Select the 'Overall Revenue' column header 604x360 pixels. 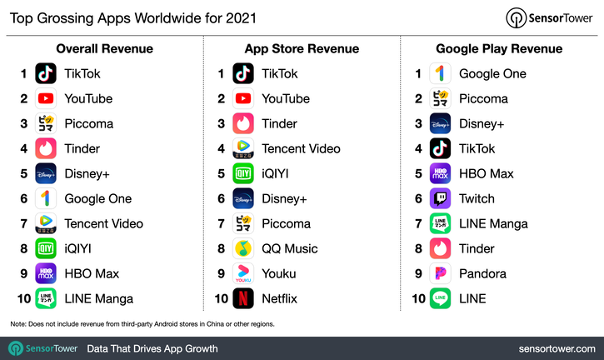tap(104, 48)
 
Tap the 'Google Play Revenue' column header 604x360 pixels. tap(500, 48)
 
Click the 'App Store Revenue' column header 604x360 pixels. tap(302, 48)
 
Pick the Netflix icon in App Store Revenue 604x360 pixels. tap(243, 298)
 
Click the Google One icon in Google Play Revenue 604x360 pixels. tap(440, 73)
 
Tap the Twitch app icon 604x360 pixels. tap(440, 198)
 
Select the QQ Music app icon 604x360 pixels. tap(243, 248)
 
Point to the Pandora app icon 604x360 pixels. tap(440, 273)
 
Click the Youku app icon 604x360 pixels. tap(243, 273)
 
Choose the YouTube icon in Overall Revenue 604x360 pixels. tap(46, 98)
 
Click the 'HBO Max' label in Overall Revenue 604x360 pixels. tap(91, 273)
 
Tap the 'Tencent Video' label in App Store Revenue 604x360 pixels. tap(301, 148)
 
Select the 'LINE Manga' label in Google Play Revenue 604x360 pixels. tap(493, 223)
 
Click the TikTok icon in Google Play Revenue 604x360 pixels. tap(440, 148)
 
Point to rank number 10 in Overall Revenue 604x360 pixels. tap(22, 298)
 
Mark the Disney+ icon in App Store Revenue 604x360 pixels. tap(243, 198)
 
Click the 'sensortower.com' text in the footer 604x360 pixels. tap(553, 348)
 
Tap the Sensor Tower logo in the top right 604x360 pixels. tap(550, 17)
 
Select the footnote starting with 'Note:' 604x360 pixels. tap(142, 323)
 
